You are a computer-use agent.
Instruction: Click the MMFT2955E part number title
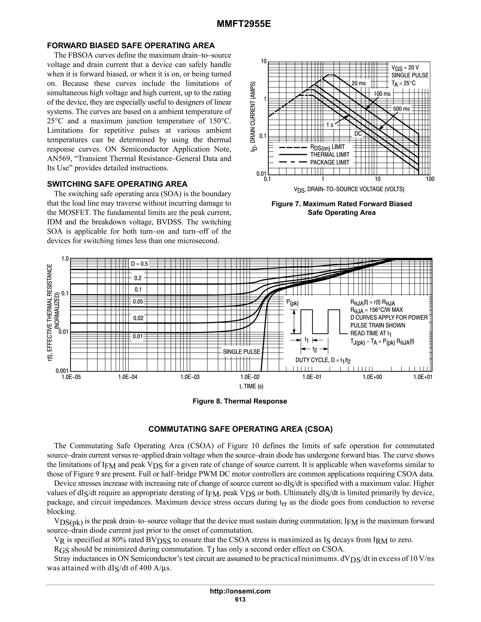[x=244, y=24]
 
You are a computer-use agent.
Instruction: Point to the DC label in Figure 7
[x=358, y=134]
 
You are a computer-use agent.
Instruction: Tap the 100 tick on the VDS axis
[x=430, y=179]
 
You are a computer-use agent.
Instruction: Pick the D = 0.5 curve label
[x=139, y=264]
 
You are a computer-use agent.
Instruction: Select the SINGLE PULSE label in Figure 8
[x=241, y=352]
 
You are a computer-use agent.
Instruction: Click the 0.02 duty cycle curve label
[x=138, y=318]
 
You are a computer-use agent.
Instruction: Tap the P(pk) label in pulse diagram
[x=292, y=303]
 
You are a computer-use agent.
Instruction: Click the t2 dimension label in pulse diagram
[x=314, y=349]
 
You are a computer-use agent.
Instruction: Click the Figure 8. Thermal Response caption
[x=240, y=401]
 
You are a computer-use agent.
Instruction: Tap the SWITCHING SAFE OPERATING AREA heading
[x=117, y=184]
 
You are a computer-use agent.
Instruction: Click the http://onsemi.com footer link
[x=240, y=591]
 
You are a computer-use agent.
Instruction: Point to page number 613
[x=240, y=599]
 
